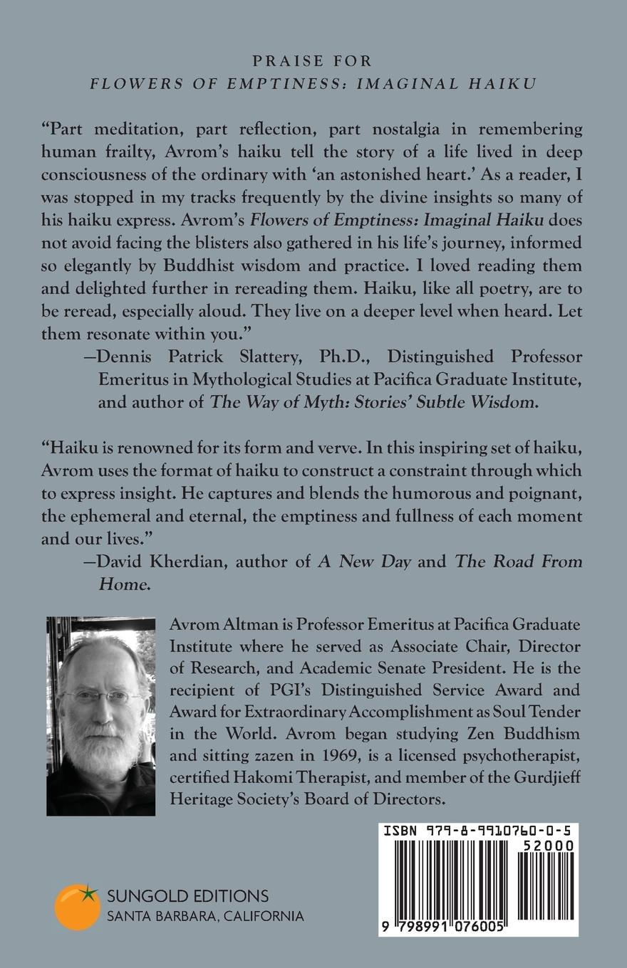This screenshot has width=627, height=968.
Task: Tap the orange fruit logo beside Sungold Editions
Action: point(76,906)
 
